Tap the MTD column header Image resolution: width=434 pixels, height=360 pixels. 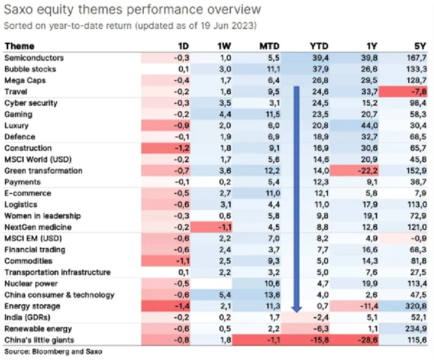click(x=264, y=46)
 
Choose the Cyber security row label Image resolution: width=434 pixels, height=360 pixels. click(x=31, y=103)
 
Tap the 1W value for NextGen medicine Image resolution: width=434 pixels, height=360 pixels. click(x=224, y=226)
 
